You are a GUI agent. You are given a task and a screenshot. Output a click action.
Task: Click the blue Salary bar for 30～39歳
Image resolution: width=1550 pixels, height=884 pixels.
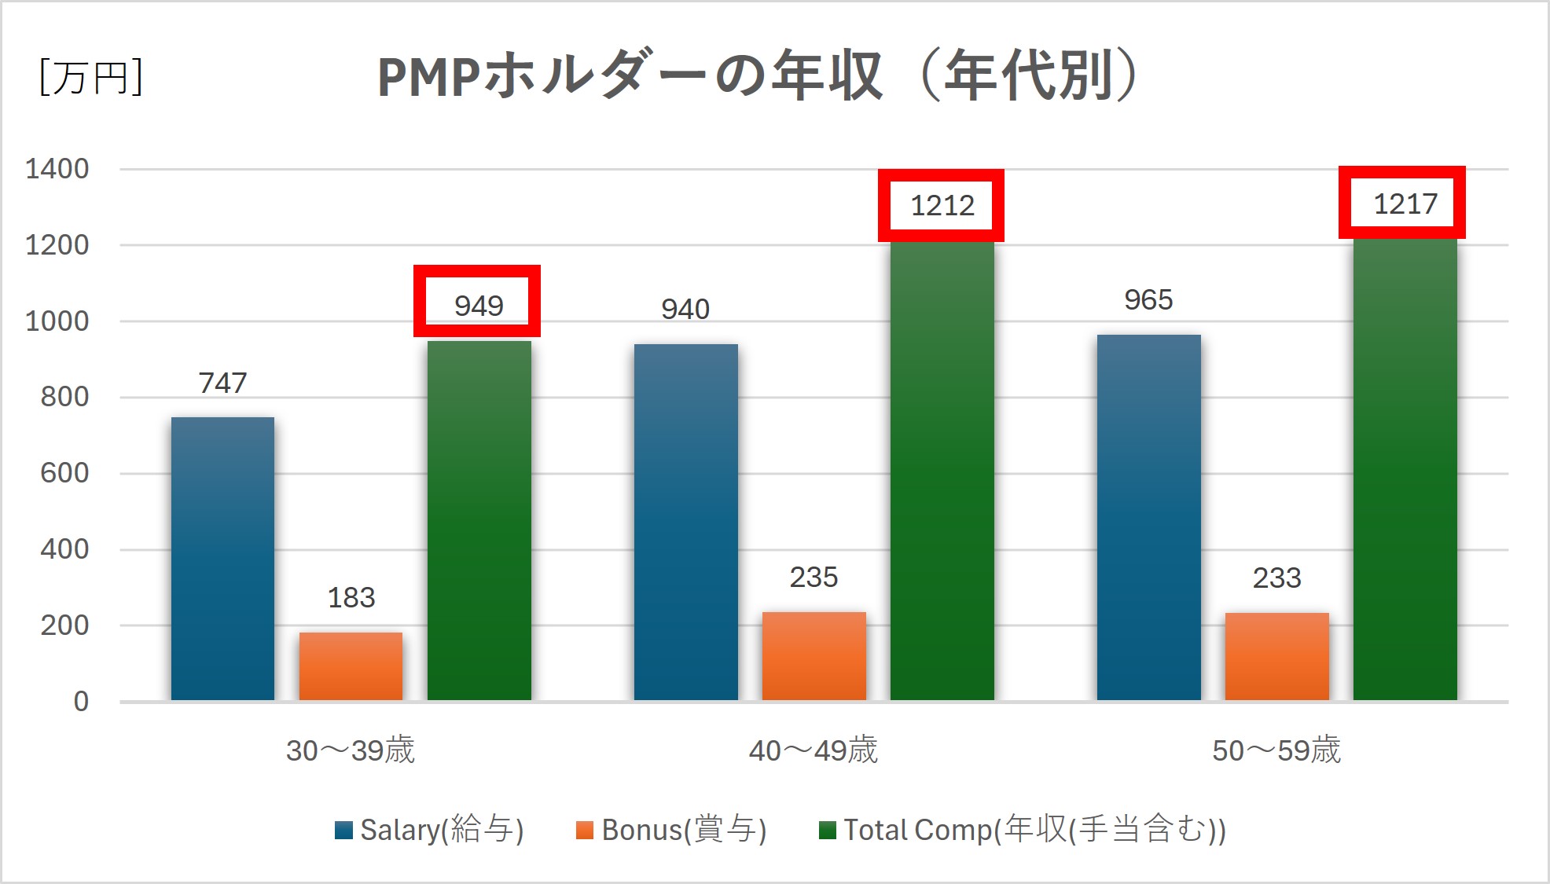(x=222, y=558)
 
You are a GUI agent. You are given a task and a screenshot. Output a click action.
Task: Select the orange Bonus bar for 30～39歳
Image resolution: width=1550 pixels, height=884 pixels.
(x=351, y=666)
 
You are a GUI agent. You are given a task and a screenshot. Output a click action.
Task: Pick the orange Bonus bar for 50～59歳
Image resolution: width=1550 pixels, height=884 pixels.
(x=1276, y=656)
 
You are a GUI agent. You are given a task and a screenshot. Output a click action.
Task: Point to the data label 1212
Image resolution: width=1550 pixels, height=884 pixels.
(x=942, y=206)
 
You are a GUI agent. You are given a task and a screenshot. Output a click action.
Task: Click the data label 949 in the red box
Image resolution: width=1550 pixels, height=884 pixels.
(x=478, y=305)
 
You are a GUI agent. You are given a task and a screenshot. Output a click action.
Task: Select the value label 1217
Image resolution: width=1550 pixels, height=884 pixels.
(x=1405, y=204)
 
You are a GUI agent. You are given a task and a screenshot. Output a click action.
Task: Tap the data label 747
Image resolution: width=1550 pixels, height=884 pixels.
(x=222, y=383)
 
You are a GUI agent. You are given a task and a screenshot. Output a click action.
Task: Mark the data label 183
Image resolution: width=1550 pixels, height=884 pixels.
(x=351, y=598)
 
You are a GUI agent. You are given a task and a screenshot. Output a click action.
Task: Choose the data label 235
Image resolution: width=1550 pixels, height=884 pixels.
(x=814, y=578)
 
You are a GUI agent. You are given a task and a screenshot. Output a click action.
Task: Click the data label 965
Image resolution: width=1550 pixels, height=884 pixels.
(x=1148, y=300)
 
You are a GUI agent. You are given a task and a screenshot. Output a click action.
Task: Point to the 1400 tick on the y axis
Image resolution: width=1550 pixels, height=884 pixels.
(x=57, y=169)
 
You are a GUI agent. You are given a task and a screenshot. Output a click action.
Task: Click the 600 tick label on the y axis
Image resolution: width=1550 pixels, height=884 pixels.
(x=64, y=473)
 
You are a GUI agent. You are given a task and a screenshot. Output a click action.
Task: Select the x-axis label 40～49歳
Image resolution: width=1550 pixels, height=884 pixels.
(x=813, y=750)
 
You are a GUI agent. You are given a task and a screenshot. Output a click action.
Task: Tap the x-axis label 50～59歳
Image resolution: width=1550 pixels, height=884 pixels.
(x=1276, y=750)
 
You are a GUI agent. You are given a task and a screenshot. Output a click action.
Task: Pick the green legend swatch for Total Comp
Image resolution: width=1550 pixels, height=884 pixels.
(x=827, y=831)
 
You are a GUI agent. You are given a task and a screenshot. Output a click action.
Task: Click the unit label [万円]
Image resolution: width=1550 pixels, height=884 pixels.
(x=90, y=77)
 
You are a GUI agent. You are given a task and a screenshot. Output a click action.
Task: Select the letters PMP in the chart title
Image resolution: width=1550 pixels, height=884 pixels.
(x=428, y=77)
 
